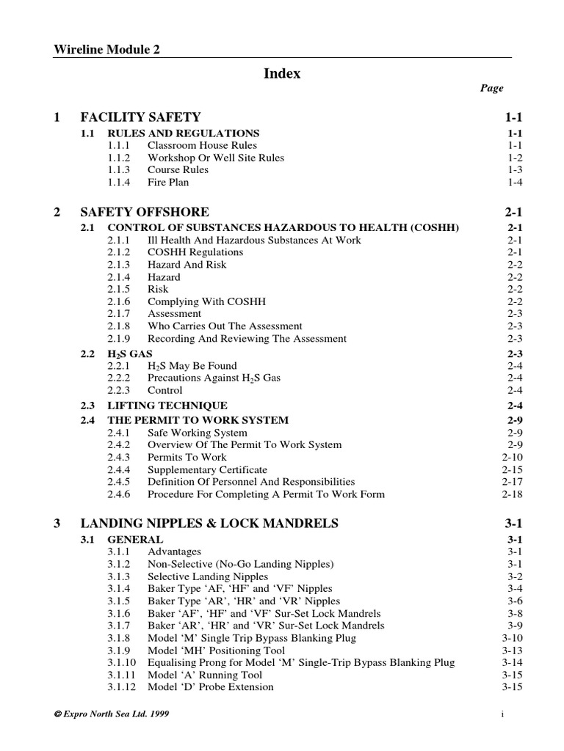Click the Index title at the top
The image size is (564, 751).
coord(282,73)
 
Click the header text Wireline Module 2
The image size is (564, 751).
coord(107,49)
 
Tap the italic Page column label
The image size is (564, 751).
coord(492,88)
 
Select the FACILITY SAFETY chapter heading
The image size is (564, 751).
coord(140,117)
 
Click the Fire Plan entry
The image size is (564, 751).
coord(168,182)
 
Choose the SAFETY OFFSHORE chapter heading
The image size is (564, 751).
coord(145,212)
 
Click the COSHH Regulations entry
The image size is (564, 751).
coord(195,252)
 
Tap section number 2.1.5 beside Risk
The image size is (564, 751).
coord(119,289)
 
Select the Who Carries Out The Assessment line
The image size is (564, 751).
coord(225,326)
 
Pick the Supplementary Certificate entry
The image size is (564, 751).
coord(207,469)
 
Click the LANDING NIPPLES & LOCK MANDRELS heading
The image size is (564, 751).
coord(209,524)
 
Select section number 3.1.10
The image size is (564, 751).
coord(122,662)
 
